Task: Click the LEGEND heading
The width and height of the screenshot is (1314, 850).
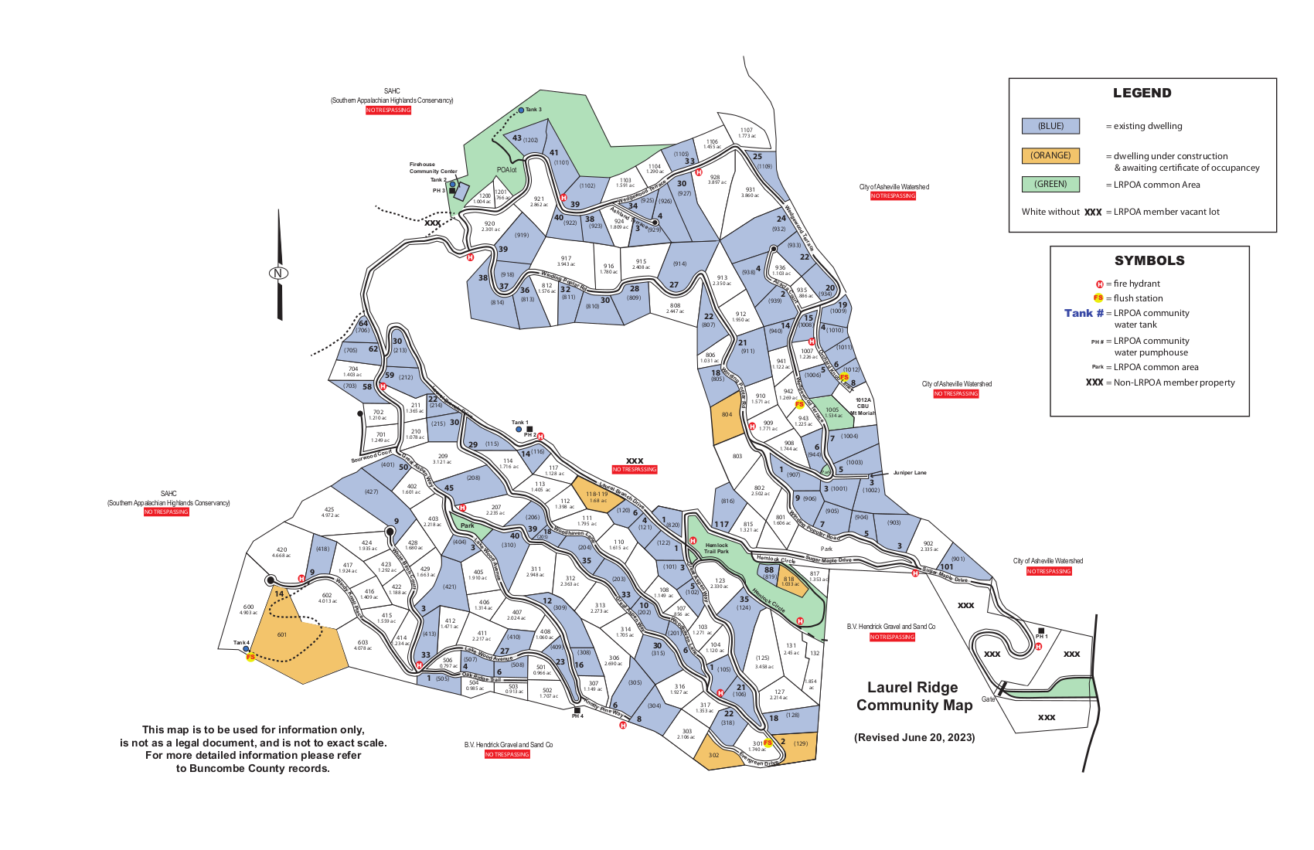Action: click(1142, 93)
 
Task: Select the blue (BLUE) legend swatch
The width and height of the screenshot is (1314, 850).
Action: click(1050, 126)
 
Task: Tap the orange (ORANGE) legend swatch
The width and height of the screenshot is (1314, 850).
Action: click(1050, 155)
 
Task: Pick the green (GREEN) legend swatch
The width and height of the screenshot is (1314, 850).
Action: click(1050, 185)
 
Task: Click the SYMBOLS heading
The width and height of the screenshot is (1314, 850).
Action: click(1149, 260)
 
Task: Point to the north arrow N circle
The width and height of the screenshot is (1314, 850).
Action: click(278, 273)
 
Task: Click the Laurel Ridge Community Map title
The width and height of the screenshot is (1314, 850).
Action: click(914, 696)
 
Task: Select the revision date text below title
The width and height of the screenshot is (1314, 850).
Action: click(914, 737)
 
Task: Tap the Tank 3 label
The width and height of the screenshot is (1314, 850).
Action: click(533, 110)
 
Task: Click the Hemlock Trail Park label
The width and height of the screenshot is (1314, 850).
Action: click(717, 548)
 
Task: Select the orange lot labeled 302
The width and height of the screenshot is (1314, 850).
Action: click(713, 755)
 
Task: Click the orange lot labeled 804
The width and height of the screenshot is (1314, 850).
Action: click(727, 415)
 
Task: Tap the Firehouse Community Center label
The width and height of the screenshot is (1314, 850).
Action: click(433, 168)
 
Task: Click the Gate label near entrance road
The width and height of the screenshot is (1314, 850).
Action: click(988, 699)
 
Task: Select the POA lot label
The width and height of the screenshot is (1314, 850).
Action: click(506, 170)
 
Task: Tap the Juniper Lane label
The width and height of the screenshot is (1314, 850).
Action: click(909, 473)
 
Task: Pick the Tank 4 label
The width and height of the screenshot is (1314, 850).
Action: click(241, 643)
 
